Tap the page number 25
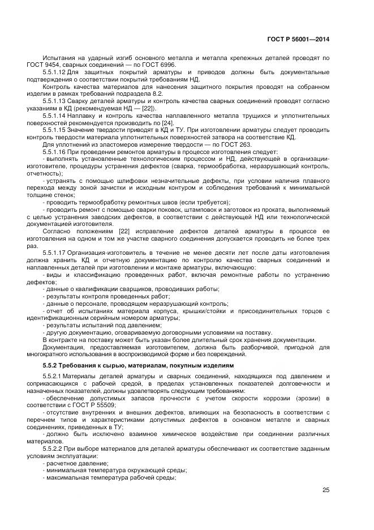tap(325, 490)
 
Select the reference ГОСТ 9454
tap(58, 65)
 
